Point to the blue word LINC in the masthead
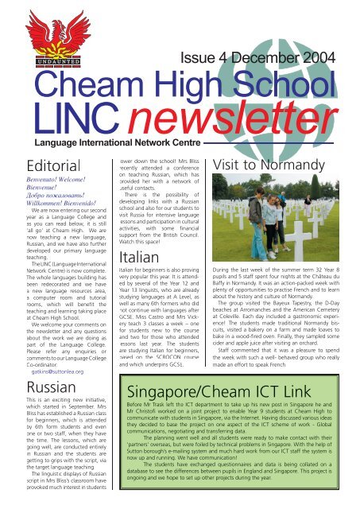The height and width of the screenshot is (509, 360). [x=67, y=118]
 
